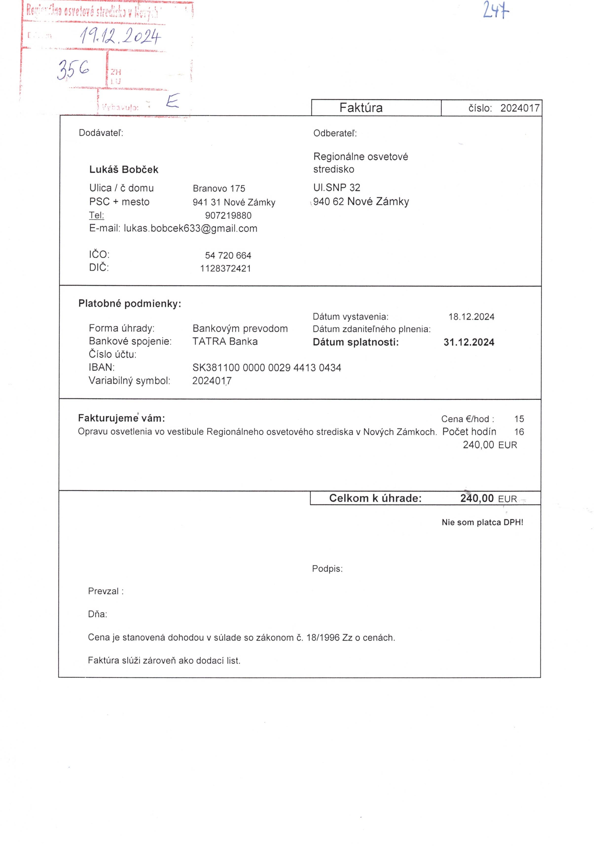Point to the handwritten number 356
[x=73, y=69]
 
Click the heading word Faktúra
[x=361, y=108]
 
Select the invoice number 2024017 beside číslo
[x=520, y=108]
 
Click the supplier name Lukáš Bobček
[x=124, y=170]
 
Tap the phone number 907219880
[x=228, y=215]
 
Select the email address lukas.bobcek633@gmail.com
[x=191, y=228]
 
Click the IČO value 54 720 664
[x=228, y=255]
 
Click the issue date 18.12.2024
[x=471, y=316]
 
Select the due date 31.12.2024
[x=469, y=342]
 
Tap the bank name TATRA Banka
[x=225, y=341]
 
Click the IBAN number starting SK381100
[x=267, y=367]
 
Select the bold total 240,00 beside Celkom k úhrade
[x=477, y=498]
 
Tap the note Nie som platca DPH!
[x=482, y=522]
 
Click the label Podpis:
[x=327, y=569]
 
